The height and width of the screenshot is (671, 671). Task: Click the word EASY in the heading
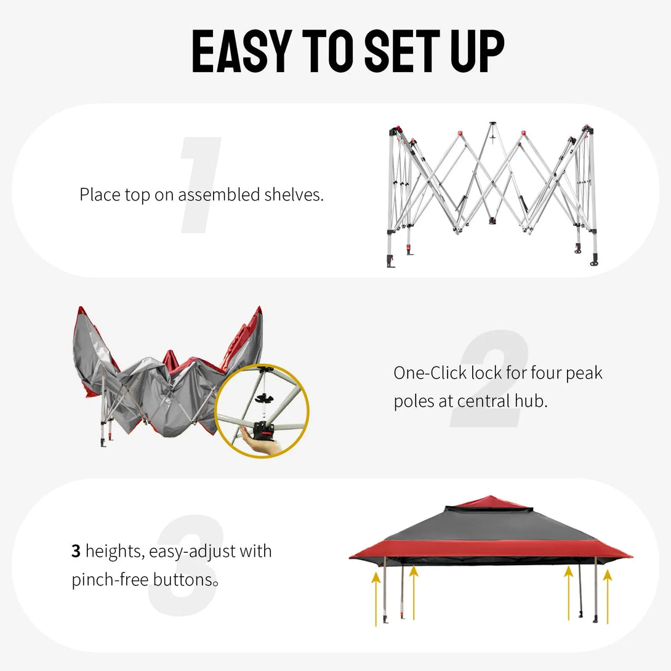239,51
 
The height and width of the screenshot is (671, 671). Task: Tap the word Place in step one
100,195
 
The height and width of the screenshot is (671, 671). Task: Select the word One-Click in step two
430,373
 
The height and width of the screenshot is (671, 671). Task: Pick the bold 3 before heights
76,551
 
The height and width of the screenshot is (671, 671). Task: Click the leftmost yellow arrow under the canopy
376,597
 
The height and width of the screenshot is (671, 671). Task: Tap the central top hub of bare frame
492,126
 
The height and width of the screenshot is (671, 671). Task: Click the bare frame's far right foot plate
593,263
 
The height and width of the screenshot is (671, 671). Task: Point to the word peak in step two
584,373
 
